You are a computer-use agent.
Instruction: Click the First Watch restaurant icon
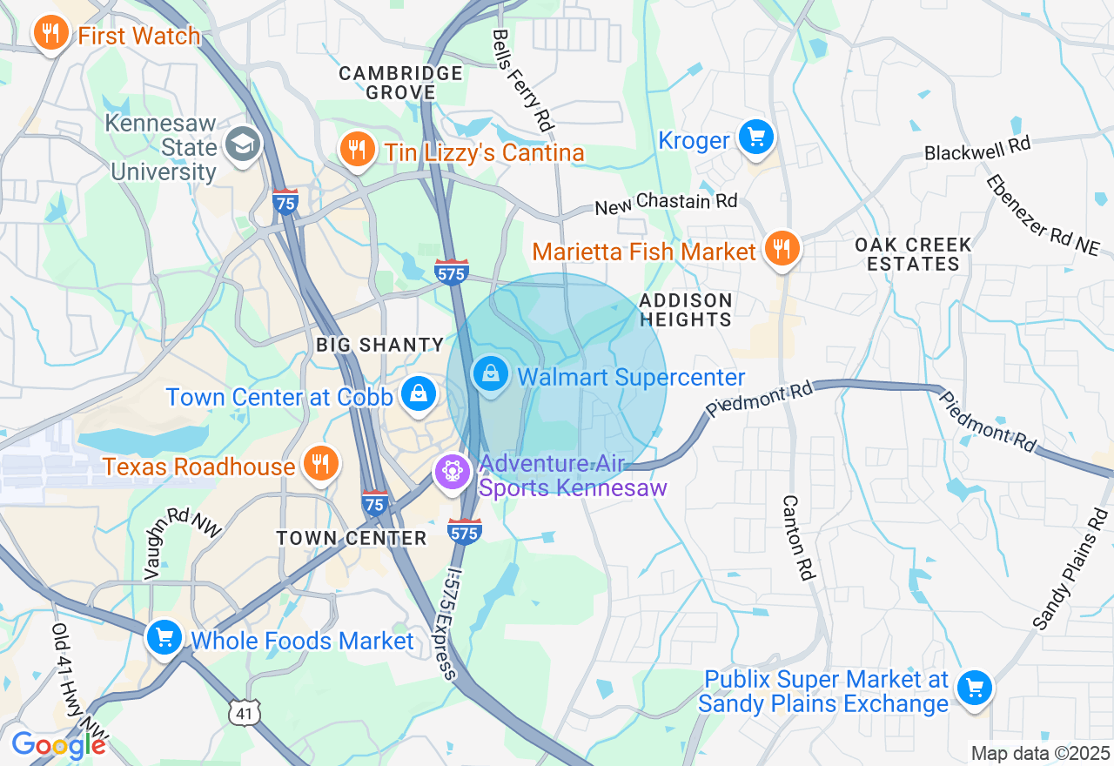point(51,34)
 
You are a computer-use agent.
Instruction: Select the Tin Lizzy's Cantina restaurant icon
point(356,151)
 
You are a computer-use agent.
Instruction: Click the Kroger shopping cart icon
point(755,137)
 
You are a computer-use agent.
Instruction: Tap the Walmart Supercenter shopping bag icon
point(491,374)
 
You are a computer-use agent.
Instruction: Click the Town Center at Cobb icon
point(419,394)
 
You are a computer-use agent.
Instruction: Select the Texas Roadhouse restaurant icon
point(320,463)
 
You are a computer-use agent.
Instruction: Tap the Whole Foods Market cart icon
point(164,638)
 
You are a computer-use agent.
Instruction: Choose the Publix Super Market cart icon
point(974,689)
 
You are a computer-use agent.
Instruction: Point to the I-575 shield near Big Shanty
point(451,272)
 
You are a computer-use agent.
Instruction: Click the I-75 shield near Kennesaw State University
point(285,202)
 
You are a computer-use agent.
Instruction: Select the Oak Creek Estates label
point(913,254)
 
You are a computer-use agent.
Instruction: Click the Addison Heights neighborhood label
point(685,310)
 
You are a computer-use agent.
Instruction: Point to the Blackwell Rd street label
point(976,149)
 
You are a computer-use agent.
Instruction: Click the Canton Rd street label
point(798,538)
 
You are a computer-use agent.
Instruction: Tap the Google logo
point(58,745)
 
